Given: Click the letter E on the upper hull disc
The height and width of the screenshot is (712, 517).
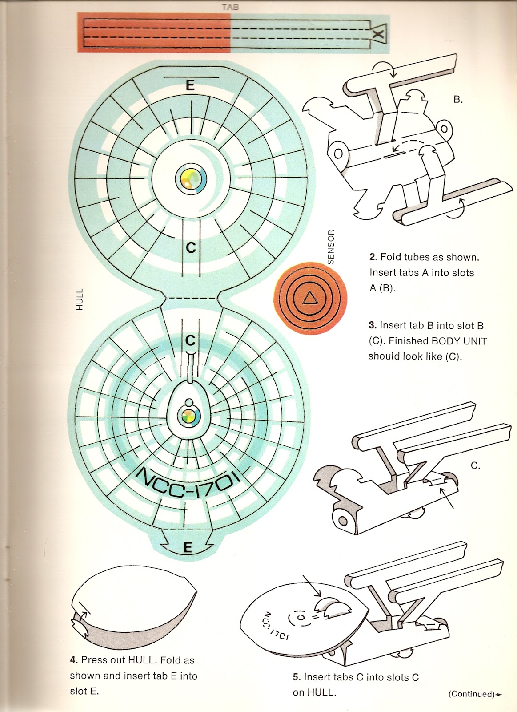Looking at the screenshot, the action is click(x=190, y=85).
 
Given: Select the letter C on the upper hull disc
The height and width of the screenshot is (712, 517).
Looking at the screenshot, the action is click(x=191, y=247).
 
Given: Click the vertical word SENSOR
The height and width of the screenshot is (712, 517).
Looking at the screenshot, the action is click(x=330, y=247).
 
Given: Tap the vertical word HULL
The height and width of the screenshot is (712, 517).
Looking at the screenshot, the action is click(x=80, y=299).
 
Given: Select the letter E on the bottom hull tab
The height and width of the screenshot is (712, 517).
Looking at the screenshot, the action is click(x=188, y=547).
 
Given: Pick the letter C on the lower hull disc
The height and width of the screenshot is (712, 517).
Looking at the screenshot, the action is click(x=190, y=340).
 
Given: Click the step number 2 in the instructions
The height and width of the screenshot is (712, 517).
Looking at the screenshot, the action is click(x=372, y=257).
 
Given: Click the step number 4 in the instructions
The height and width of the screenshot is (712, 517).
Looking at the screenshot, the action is click(x=73, y=660).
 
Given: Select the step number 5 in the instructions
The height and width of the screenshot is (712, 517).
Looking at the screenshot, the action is click(x=296, y=677).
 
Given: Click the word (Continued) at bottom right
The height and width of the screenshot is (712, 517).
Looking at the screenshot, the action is click(x=471, y=694).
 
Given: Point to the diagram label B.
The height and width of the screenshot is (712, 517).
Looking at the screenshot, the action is click(x=458, y=100).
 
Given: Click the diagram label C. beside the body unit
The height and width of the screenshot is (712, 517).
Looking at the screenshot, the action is click(x=475, y=466).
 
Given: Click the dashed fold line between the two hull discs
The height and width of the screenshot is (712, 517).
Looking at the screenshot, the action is click(x=191, y=298).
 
